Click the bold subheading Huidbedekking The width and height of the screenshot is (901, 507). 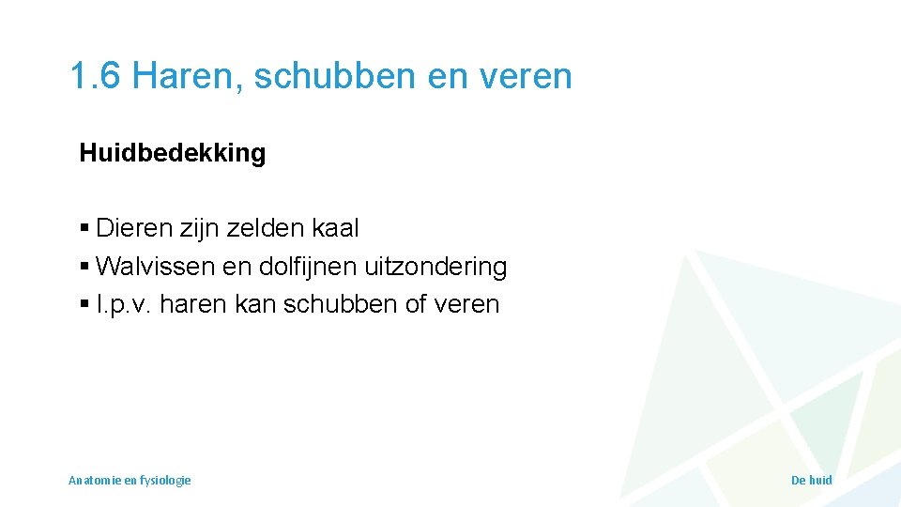[x=173, y=153]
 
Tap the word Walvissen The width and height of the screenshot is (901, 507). [x=155, y=267]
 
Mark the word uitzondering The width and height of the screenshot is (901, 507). [x=445, y=267]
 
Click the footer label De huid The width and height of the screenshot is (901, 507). [x=812, y=480]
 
